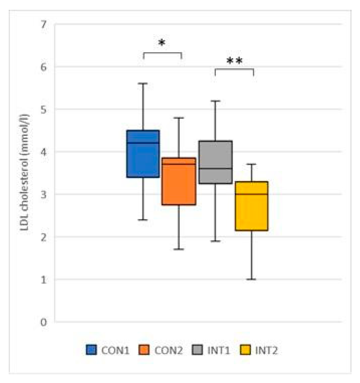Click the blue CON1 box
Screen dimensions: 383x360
[143, 154]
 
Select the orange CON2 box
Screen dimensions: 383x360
[179, 181]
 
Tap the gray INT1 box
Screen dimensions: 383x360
[215, 162]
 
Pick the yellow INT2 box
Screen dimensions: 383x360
[251, 206]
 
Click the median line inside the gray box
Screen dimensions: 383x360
[215, 168]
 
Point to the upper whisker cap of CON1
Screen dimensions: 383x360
[143, 84]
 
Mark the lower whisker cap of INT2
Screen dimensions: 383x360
[251, 279]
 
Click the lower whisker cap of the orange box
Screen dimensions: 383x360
[179, 249]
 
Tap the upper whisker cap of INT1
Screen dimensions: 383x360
[215, 101]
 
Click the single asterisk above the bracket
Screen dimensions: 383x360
[162, 43]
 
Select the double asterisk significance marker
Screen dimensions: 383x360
[234, 61]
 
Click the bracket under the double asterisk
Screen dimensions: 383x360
[234, 69]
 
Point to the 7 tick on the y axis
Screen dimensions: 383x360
[44, 24]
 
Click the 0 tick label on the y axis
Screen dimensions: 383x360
[44, 322]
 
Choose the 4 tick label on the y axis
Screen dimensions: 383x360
[44, 152]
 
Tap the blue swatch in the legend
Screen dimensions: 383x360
[91, 350]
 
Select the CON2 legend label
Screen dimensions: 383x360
[169, 350]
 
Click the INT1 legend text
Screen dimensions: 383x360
[219, 350]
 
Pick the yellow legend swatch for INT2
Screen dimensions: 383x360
[245, 350]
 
